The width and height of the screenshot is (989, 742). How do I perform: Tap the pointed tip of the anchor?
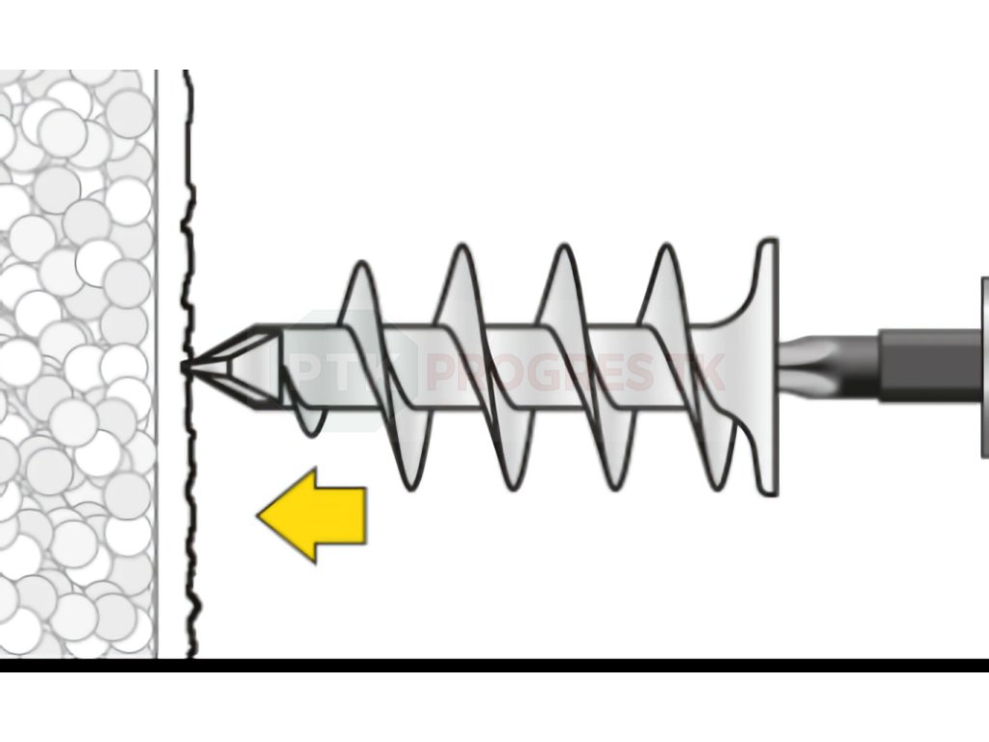[x=186, y=366]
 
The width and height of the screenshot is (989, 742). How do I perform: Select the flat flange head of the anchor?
[x=767, y=367]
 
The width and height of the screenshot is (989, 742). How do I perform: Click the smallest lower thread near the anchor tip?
[x=307, y=425]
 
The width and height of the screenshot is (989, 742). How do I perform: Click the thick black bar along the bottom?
[x=494, y=666]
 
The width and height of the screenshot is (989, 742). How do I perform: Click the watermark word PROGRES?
[x=541, y=373]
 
